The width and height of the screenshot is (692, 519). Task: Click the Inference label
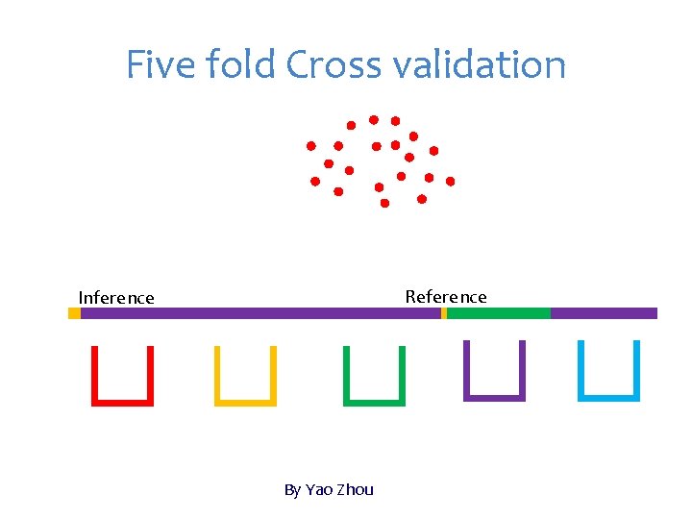point(116,298)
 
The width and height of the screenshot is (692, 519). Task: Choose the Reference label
point(446,297)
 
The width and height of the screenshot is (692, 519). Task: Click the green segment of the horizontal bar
point(499,313)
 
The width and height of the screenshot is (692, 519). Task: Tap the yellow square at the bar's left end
point(74,313)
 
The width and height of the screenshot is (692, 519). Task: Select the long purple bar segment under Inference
point(259,313)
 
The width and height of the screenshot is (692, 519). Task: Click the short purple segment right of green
point(604,313)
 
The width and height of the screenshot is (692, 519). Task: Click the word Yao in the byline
point(319,490)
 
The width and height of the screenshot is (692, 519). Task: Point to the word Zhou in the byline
point(355,490)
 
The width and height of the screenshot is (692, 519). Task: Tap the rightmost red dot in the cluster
point(450,181)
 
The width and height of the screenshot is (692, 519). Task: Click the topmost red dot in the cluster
point(374,119)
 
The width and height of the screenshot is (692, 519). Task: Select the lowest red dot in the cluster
point(384,204)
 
